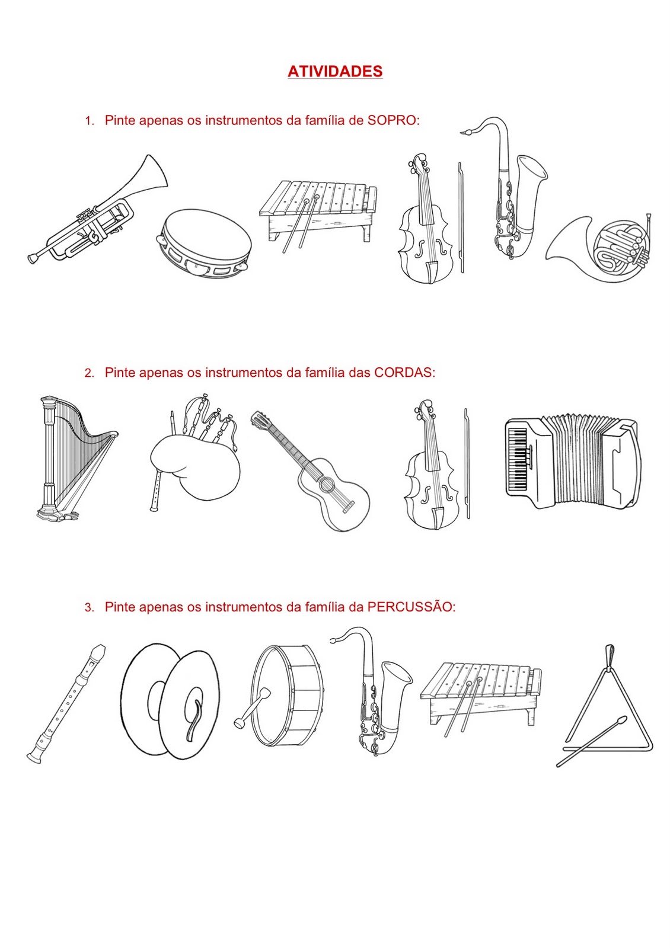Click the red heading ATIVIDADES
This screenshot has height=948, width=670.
point(335,71)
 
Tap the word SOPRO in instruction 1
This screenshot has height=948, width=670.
point(391,121)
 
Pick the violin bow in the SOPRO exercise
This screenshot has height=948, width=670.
point(461,217)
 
